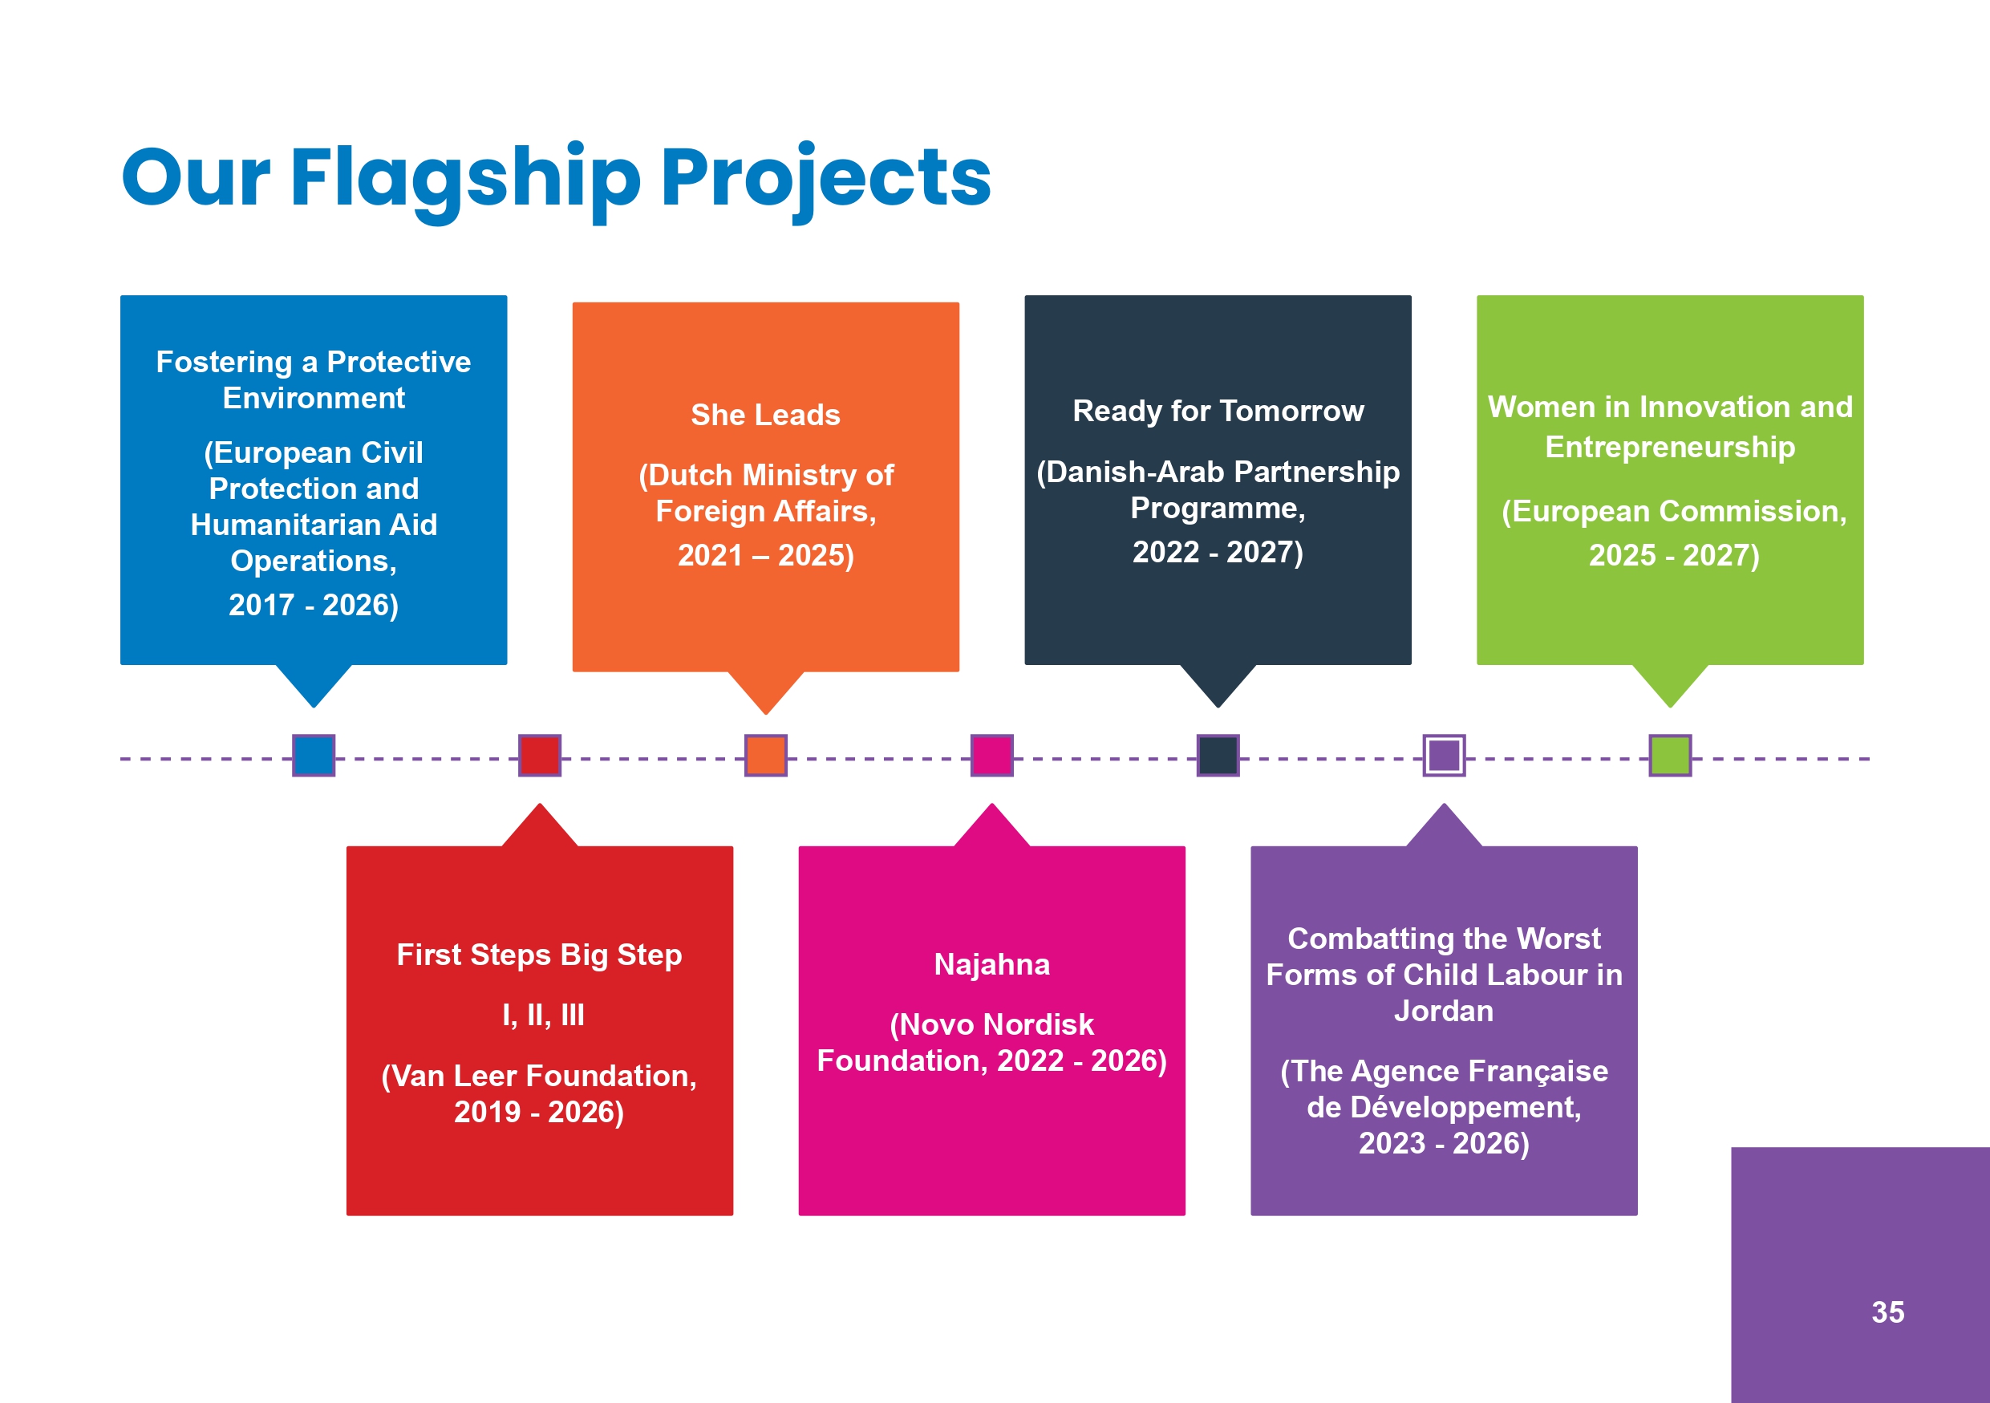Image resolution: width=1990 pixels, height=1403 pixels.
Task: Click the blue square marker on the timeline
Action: [314, 755]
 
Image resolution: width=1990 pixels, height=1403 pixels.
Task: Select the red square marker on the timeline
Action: [539, 755]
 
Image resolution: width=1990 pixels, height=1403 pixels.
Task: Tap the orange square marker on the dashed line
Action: [765, 755]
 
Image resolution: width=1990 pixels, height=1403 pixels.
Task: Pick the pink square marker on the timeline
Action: [991, 755]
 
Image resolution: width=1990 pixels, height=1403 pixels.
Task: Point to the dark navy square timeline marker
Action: [1218, 755]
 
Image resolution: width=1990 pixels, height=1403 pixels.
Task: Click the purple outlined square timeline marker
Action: [1444, 755]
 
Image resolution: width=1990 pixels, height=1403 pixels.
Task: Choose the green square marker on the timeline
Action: [1670, 755]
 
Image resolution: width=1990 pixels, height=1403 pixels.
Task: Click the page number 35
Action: [1887, 1312]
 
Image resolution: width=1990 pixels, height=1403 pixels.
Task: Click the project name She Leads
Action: [765, 415]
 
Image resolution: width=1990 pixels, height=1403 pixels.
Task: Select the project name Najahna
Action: [991, 964]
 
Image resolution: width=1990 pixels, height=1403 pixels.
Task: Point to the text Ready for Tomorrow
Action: [1218, 411]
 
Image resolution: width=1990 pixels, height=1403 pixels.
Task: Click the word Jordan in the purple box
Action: [1444, 1012]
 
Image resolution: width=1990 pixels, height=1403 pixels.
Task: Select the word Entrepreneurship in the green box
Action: [1670, 447]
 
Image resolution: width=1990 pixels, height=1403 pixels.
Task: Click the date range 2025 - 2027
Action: [1673, 555]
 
